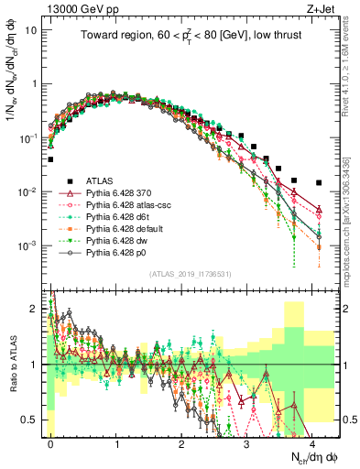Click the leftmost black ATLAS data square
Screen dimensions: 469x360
[x=50, y=159]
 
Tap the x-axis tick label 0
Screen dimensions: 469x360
[x=50, y=442]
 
